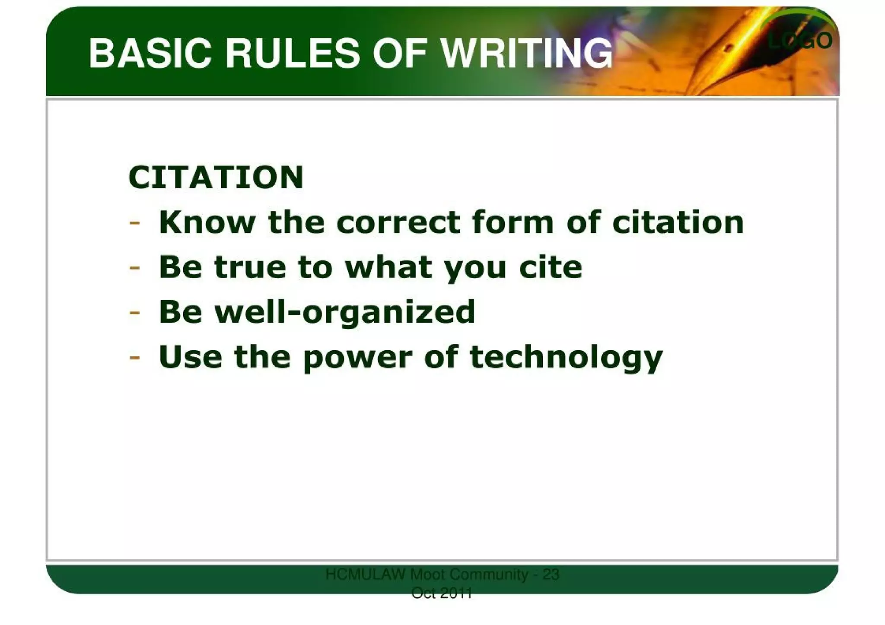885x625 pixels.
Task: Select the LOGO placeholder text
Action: pos(800,41)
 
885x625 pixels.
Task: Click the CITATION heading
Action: pos(216,178)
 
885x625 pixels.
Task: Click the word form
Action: pos(513,222)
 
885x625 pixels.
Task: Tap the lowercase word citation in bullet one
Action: pos(678,222)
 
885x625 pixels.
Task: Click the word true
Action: pos(250,267)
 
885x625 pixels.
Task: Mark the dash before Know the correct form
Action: pos(134,223)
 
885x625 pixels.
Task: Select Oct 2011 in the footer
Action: pos(442,593)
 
